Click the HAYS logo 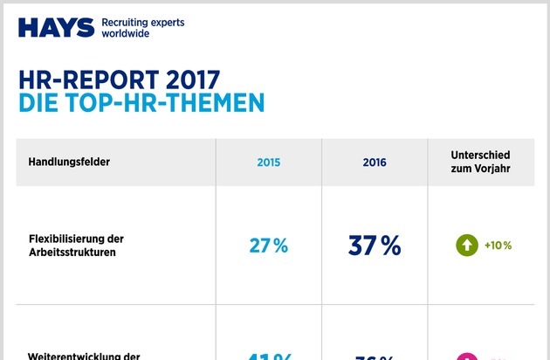click(x=55, y=27)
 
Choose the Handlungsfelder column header click(x=69, y=162)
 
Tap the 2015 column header click(x=268, y=163)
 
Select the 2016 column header click(x=374, y=163)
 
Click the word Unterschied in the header click(x=480, y=155)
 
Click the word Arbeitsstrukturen click(x=72, y=253)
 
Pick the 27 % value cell click(x=268, y=246)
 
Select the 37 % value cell click(x=374, y=246)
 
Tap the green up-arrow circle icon click(x=467, y=246)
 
